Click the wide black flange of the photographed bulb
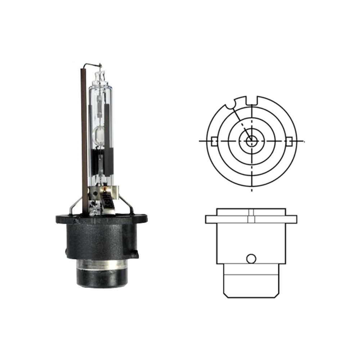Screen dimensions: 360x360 coord(102,218)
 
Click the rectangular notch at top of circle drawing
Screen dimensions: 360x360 coord(252,99)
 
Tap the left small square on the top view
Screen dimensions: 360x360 coord(214,141)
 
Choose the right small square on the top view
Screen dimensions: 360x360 coord(289,141)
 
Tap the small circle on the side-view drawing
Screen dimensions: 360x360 coord(251,258)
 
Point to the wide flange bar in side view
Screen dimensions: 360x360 coord(251,219)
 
